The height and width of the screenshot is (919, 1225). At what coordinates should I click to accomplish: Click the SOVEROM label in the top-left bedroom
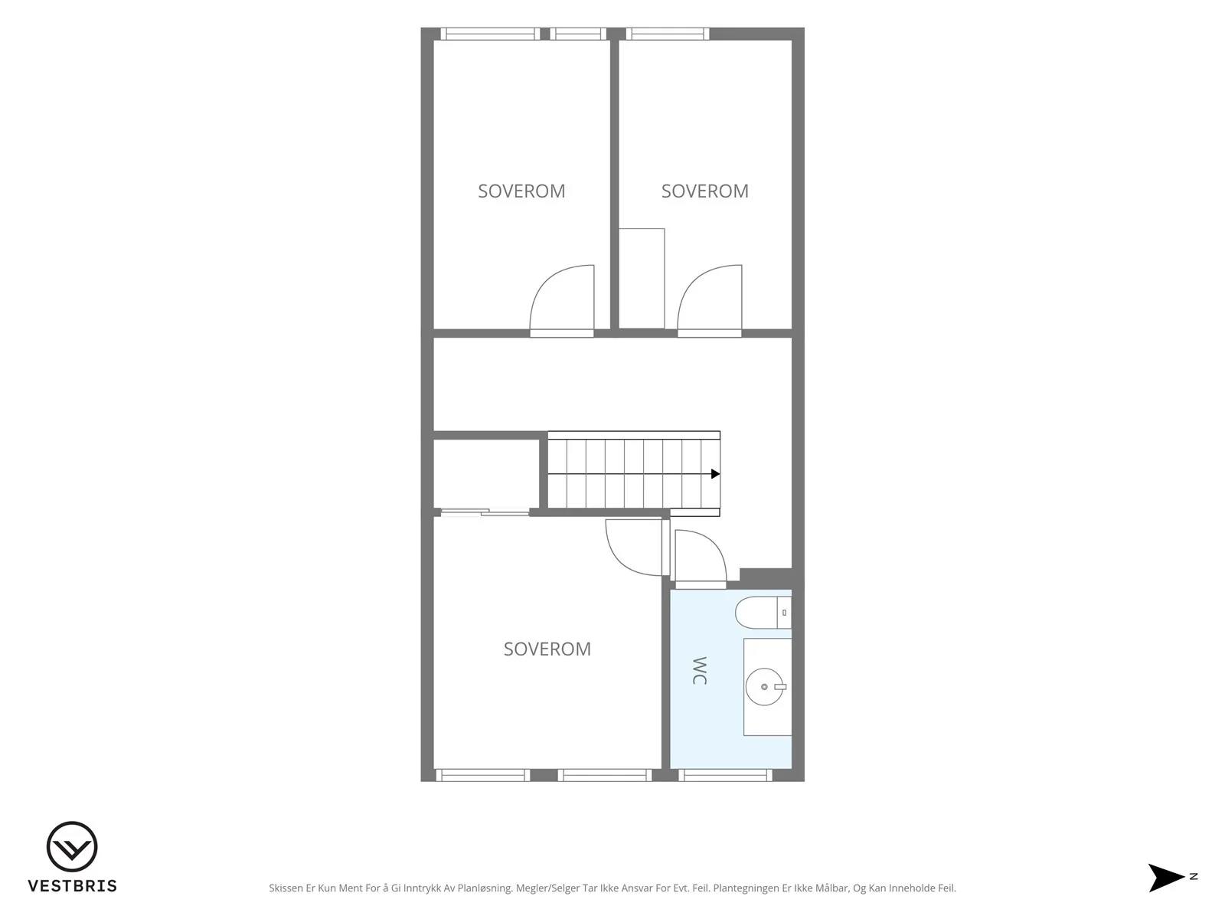521,191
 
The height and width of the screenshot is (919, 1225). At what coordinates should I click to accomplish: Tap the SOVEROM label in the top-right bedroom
705,191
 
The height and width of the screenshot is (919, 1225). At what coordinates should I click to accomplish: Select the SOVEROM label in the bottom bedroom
547,649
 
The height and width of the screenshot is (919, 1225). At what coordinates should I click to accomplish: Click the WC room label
700,671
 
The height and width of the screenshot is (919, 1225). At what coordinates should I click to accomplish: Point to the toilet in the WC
763,613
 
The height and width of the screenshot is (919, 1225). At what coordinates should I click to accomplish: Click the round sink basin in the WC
765,687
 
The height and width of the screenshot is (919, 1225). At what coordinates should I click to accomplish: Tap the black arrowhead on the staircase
715,474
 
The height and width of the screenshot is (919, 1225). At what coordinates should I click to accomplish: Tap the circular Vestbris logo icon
72,846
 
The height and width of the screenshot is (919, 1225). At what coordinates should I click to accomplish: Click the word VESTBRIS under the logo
73,886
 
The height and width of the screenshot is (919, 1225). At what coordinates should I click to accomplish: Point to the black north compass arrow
1165,878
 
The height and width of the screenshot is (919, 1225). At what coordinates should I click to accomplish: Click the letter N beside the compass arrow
1194,877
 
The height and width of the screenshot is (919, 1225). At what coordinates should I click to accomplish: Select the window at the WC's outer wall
726,775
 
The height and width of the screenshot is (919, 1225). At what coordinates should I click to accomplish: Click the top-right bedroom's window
668,34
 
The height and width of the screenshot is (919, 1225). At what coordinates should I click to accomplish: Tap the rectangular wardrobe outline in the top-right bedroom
642,279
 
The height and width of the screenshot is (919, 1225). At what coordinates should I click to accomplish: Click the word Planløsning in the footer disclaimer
485,888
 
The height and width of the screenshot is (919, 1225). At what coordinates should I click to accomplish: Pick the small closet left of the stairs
486,474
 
